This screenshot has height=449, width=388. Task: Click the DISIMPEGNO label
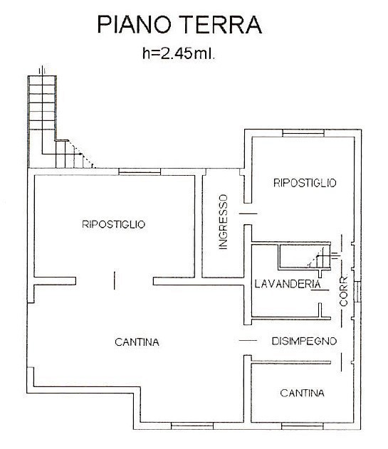tap(303, 342)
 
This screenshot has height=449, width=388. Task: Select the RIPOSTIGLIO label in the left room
tap(114, 224)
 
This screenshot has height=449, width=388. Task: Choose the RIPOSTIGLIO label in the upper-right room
tap(305, 183)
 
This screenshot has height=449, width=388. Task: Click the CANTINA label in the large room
tap(137, 342)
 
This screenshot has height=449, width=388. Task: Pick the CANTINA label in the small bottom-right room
tap(302, 393)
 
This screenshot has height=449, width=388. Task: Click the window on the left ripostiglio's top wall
tap(133, 171)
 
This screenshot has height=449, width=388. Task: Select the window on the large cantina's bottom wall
tap(187, 426)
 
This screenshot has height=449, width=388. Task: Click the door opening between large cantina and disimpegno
tap(246, 342)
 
